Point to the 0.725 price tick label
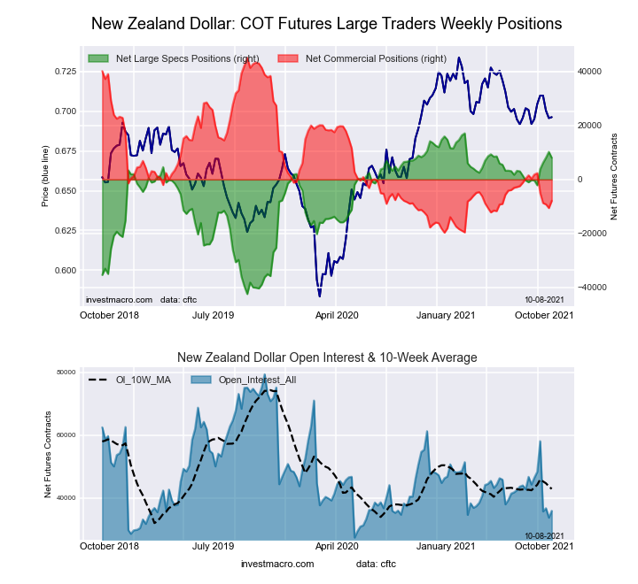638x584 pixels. coord(63,71)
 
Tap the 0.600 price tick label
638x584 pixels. coord(63,270)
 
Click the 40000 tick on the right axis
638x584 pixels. coord(590,71)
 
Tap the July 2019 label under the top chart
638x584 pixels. coord(214,314)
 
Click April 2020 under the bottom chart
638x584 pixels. coord(337,546)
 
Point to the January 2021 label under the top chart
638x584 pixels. coord(447,314)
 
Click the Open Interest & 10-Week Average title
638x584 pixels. coord(327,357)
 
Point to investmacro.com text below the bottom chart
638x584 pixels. coord(277,564)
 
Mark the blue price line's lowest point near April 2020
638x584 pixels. coord(320,296)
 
